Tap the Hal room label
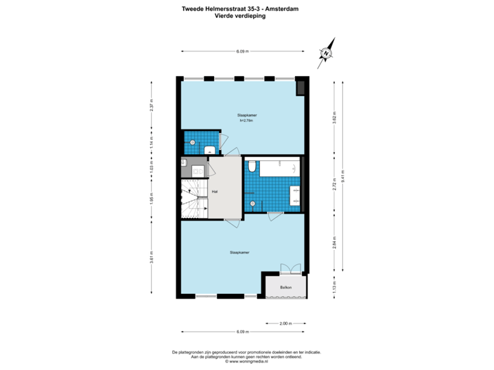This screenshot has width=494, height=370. click(215, 191)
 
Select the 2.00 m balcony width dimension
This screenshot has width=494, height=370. click(286, 323)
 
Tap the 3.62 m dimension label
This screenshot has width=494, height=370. click(334, 116)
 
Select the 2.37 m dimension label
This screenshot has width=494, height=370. click(151, 106)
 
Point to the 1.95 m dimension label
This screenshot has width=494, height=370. click(151, 199)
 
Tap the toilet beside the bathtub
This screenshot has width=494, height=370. click(252, 166)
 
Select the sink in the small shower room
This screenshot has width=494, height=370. click(210, 149)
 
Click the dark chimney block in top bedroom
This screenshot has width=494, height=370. click(301, 87)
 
